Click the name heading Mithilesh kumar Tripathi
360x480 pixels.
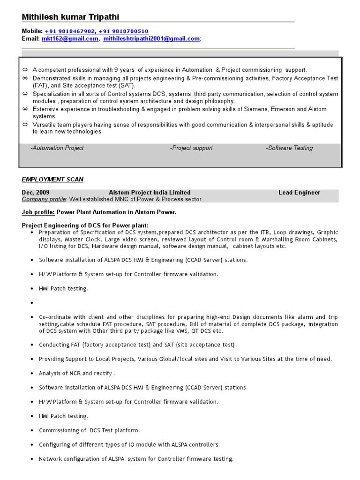click(x=70, y=17)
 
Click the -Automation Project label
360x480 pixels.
click(x=57, y=148)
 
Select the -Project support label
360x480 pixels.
click(x=191, y=148)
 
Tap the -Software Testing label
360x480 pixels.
click(x=289, y=148)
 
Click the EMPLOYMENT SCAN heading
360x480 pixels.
click(x=52, y=180)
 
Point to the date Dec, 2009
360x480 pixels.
click(x=36, y=193)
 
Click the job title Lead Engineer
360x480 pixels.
click(x=299, y=193)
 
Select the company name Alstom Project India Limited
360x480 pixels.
click(x=150, y=193)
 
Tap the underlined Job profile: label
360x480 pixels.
click(x=38, y=212)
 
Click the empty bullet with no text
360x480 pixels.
click(x=31, y=303)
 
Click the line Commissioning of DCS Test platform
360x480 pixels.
click(x=90, y=430)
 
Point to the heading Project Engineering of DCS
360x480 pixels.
click(x=85, y=225)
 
